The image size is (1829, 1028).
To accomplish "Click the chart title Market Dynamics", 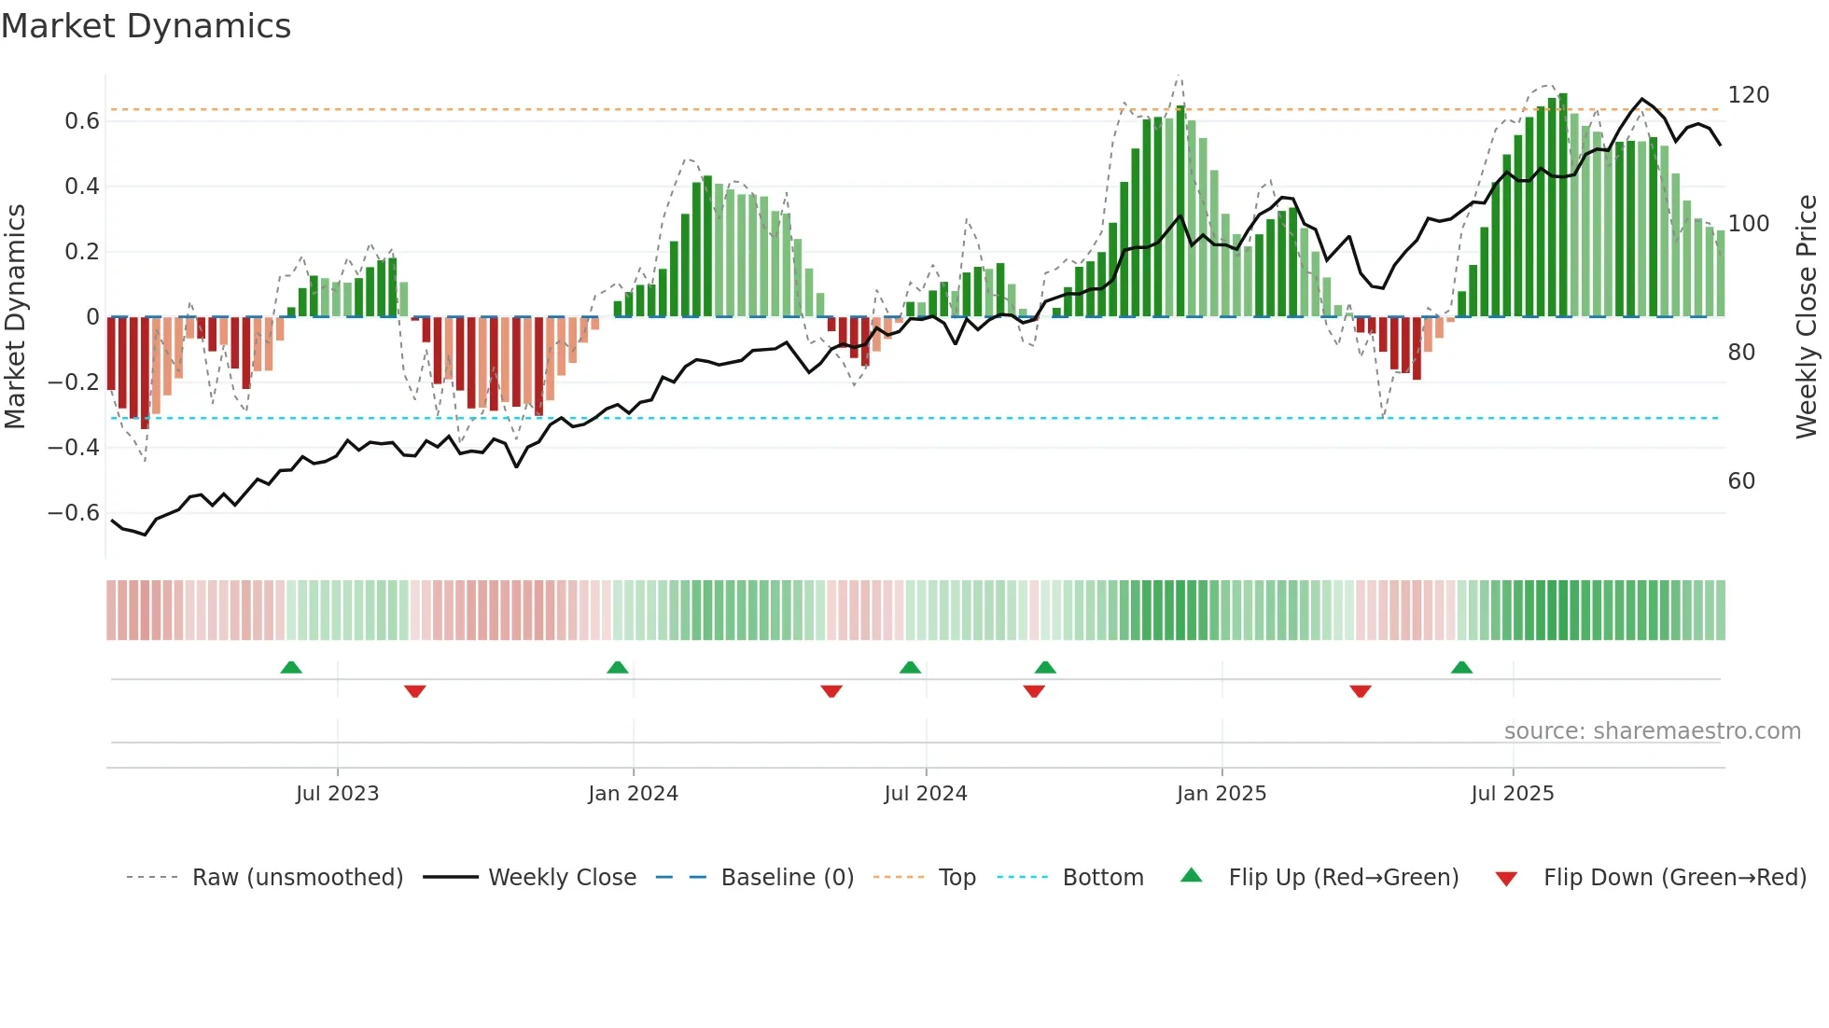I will coord(146,26).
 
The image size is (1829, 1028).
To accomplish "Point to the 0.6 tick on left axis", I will coord(82,121).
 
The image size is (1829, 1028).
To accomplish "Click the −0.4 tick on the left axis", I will coord(74,448).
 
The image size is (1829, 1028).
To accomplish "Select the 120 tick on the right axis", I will coord(1748,95).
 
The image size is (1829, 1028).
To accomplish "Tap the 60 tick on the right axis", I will coord(1741,481).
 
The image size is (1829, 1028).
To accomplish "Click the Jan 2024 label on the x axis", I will coord(633,794).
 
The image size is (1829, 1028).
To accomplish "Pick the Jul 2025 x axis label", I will coord(1512,794).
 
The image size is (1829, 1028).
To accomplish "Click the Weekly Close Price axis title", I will coord(1807,317).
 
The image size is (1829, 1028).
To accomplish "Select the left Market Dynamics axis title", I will coord(16,317).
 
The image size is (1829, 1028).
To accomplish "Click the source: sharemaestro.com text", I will coord(1652,731).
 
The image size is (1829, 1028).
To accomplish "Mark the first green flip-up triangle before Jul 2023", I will coord(291,668).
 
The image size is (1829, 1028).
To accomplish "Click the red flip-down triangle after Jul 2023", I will coord(415,691).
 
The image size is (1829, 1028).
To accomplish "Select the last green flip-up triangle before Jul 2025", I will coord(1461,668).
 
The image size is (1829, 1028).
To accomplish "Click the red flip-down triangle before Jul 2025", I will coord(1361,691).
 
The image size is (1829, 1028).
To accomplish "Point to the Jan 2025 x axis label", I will coord(1221,794).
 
